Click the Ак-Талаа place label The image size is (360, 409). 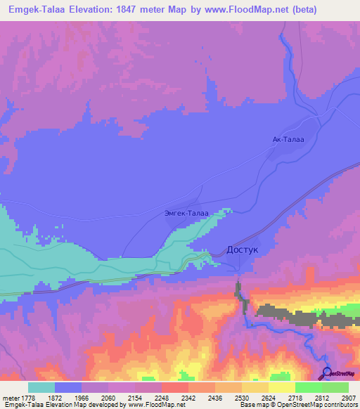pyautogui.click(x=288, y=140)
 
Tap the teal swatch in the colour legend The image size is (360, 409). pyautogui.click(x=41, y=387)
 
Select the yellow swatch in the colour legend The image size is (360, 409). pyautogui.click(x=281, y=387)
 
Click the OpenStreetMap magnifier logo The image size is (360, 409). pyautogui.click(x=326, y=372)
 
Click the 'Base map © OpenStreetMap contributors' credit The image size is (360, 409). pyautogui.click(x=297, y=405)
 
